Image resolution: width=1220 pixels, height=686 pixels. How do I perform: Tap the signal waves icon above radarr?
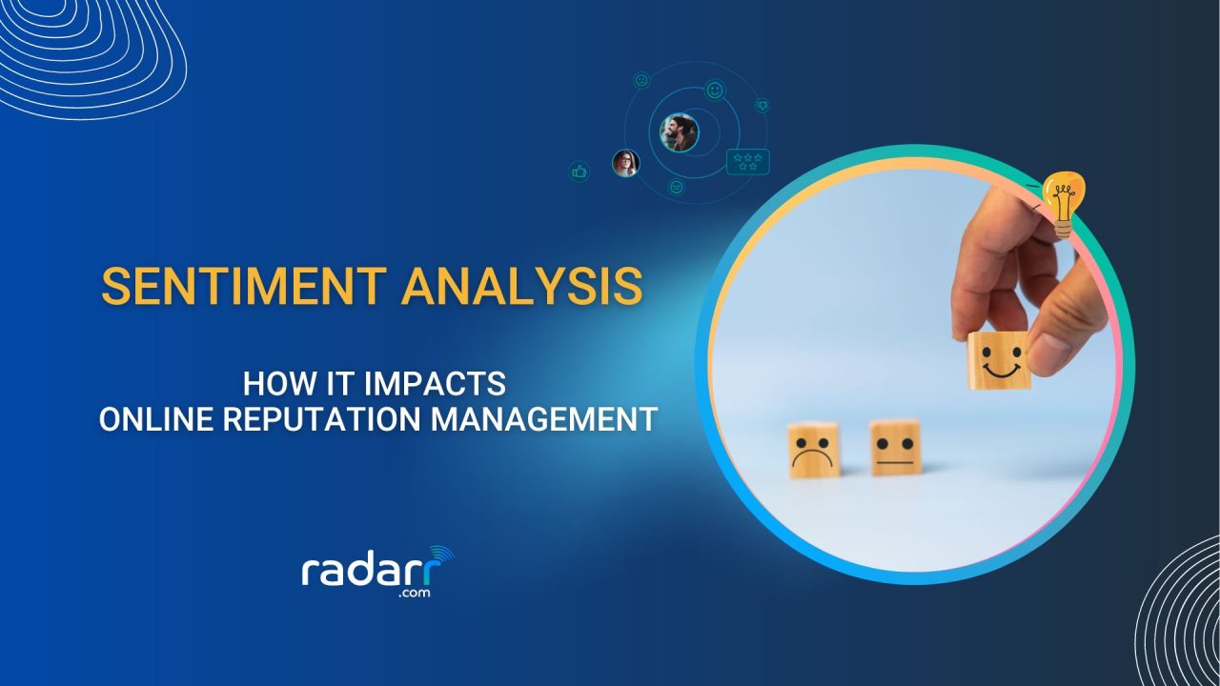tap(441, 554)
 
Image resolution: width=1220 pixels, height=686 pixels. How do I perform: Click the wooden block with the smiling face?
tap(999, 360)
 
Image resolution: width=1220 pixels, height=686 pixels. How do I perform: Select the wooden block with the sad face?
tap(813, 450)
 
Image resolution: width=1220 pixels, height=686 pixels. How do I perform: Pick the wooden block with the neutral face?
tap(895, 447)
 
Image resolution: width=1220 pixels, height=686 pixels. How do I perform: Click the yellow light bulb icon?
tap(1061, 201)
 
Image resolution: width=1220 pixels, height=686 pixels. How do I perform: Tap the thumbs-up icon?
tap(578, 171)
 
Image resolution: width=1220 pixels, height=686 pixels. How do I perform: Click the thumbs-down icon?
tap(762, 105)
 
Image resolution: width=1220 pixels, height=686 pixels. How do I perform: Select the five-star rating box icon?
tap(747, 161)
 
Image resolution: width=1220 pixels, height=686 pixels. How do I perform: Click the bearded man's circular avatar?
tap(680, 132)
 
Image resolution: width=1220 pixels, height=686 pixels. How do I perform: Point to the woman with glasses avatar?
tap(625, 164)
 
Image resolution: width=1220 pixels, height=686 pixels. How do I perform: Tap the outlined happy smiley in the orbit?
tap(714, 91)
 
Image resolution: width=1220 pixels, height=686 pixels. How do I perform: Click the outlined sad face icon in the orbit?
tap(676, 188)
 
